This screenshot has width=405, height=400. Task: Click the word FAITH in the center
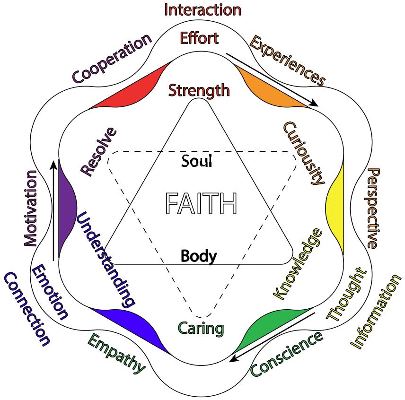coord(201,204)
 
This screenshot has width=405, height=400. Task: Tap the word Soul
coord(197,161)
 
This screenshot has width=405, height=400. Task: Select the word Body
coord(199,256)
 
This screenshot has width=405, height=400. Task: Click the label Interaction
coord(202,9)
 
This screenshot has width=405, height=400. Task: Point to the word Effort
coord(199,38)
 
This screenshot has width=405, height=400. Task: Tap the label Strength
coord(199,89)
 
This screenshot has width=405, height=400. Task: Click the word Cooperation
coord(112,57)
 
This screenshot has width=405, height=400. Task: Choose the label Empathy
coord(116,352)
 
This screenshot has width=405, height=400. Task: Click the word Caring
coord(201,328)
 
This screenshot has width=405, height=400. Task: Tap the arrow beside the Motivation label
coord(53,210)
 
